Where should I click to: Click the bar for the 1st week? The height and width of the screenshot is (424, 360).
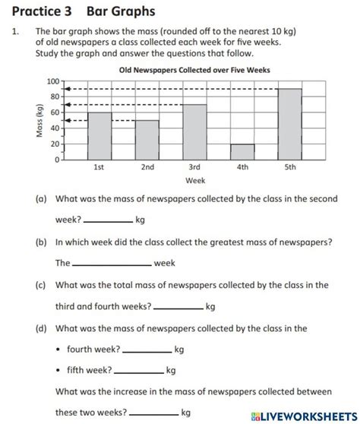click(99, 136)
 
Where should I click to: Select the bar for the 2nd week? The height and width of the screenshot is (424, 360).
click(147, 140)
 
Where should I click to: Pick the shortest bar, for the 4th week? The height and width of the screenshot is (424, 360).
click(242, 152)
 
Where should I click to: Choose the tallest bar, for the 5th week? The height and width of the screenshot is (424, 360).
click(289, 124)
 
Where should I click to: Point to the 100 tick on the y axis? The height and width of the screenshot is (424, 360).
click(52, 81)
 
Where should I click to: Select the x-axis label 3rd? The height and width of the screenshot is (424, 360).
click(194, 167)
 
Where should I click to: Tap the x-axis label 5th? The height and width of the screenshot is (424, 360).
click(289, 167)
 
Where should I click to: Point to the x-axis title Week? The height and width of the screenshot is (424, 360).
click(194, 181)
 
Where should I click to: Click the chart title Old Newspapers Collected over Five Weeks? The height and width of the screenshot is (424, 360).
click(194, 70)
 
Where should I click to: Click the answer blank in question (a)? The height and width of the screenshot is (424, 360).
click(107, 222)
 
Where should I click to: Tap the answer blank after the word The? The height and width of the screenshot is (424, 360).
click(112, 264)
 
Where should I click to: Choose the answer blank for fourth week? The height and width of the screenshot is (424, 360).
click(147, 351)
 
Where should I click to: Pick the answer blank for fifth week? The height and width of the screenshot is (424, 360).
click(138, 372)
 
